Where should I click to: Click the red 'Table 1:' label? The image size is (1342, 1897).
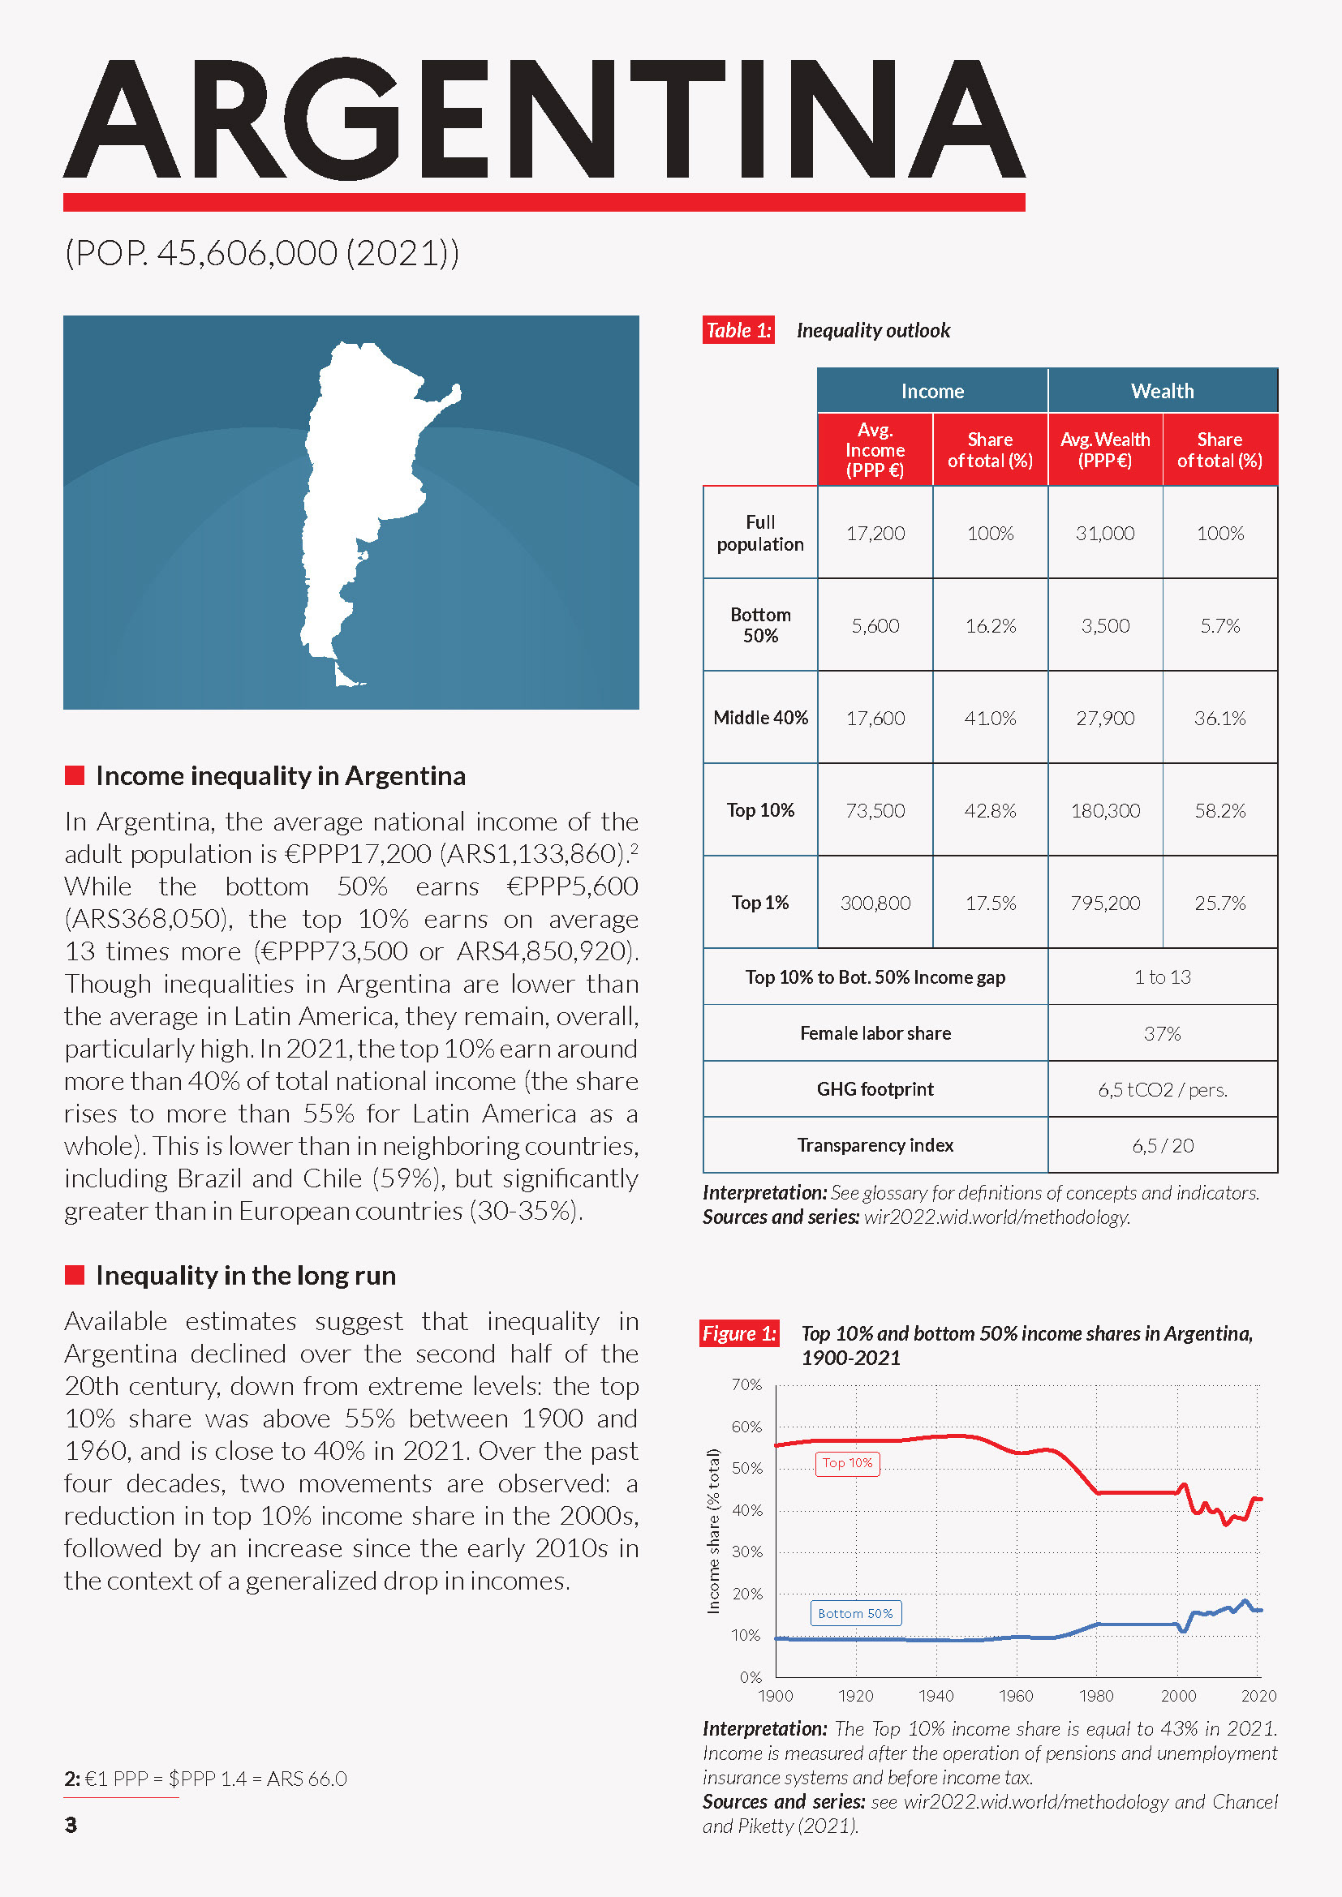pos(738,330)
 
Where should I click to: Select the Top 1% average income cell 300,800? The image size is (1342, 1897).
pos(875,903)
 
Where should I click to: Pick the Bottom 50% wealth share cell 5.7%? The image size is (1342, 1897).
pos(1219,626)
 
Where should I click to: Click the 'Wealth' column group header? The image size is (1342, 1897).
pos(1162,391)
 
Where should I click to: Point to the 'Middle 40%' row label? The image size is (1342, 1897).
pos(760,718)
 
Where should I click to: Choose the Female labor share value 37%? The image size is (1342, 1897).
pos(1162,1033)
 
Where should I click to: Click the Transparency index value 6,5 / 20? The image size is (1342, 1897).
pos(1162,1146)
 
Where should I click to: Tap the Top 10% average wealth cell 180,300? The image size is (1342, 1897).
pos(1105,810)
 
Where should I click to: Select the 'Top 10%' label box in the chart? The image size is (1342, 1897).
pos(847,1463)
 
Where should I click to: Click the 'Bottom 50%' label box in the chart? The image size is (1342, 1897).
pos(855,1614)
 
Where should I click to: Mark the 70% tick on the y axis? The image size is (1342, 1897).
pos(746,1384)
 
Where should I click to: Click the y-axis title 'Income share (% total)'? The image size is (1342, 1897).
pos(713,1531)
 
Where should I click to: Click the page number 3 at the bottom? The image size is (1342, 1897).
pos(71,1824)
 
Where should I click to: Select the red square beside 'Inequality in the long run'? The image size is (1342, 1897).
pos(75,1275)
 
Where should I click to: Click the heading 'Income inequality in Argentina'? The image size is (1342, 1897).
pos(280,776)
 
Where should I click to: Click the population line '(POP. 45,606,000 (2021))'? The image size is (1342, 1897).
pos(262,253)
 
